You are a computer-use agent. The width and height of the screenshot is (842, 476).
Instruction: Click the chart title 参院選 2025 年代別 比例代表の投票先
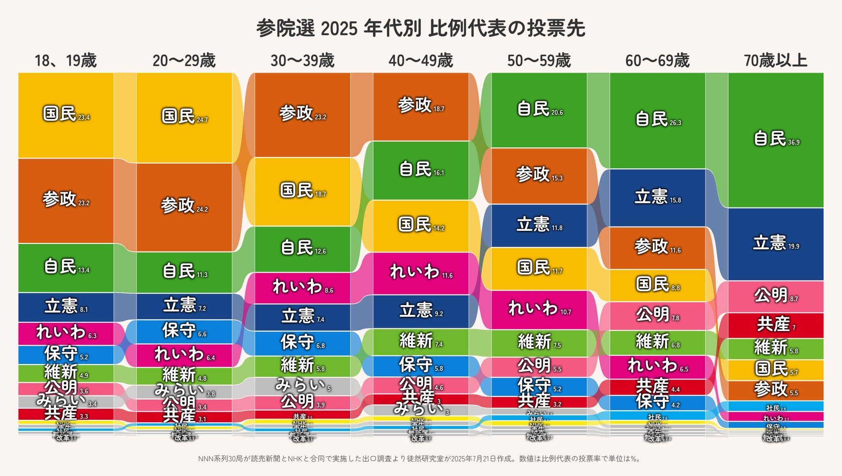point(421,29)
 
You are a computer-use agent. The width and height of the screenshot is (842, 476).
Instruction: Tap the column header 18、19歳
point(66,61)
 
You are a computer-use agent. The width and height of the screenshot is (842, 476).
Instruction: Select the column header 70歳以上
point(775,61)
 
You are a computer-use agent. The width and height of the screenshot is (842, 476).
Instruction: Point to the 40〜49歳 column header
point(421,61)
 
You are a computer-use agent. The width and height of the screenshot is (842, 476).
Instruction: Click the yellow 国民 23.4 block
point(66,115)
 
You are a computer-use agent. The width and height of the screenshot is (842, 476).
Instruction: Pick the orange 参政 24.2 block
point(184,205)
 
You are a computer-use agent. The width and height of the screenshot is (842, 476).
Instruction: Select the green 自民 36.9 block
point(775,140)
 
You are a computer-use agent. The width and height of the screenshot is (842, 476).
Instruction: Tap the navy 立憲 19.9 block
point(775,244)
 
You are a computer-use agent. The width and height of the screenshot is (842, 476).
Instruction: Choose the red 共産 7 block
point(775,325)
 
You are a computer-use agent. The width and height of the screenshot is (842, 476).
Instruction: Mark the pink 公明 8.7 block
point(775,297)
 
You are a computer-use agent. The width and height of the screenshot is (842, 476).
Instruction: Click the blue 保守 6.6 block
point(184,331)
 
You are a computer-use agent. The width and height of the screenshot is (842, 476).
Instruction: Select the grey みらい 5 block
point(302,386)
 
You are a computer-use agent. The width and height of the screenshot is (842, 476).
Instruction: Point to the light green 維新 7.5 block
point(539,343)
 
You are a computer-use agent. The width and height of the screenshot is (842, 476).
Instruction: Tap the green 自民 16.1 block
point(421,170)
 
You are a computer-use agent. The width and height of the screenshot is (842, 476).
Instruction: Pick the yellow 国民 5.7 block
point(775,370)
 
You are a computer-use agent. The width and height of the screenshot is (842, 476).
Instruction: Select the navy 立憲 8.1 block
point(66,307)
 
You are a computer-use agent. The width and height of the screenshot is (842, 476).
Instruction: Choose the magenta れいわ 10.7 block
point(539,309)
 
